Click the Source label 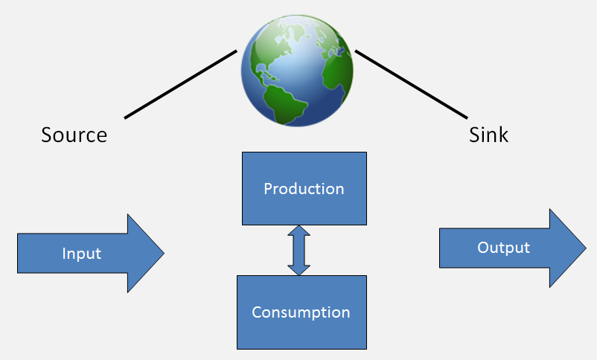point(74,135)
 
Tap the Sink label point(489,135)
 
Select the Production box point(304,188)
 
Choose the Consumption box point(301,312)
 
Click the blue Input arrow point(82,253)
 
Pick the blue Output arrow point(503,248)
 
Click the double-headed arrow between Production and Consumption point(298,251)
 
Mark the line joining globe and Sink point(411,84)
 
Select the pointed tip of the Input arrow point(161,253)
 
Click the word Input point(82,254)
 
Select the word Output point(503,248)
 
